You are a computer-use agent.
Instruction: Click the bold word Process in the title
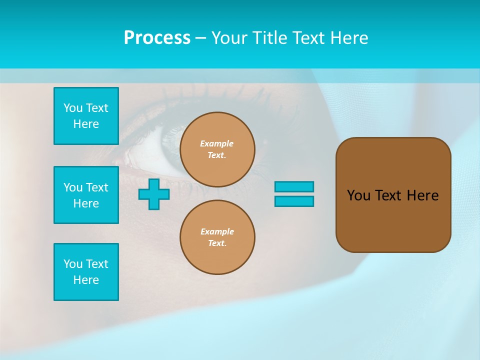click(x=157, y=38)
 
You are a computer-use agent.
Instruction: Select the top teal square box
click(x=86, y=116)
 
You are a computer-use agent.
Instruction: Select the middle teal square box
click(x=86, y=195)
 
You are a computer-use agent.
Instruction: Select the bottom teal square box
click(x=86, y=272)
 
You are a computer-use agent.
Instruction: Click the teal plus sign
click(x=154, y=194)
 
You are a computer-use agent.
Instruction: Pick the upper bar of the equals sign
click(x=294, y=186)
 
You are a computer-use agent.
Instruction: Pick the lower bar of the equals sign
click(x=294, y=201)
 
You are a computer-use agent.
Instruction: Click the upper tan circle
click(x=217, y=149)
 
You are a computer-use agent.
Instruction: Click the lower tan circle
click(x=217, y=237)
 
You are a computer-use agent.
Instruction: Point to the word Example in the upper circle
click(x=217, y=143)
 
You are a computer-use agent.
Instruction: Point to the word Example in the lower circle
click(x=217, y=231)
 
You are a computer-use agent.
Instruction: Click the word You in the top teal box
click(x=73, y=108)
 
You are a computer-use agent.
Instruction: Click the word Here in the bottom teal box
click(x=86, y=280)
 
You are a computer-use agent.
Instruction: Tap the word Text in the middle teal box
click(x=96, y=187)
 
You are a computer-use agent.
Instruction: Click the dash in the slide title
click(x=200, y=38)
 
